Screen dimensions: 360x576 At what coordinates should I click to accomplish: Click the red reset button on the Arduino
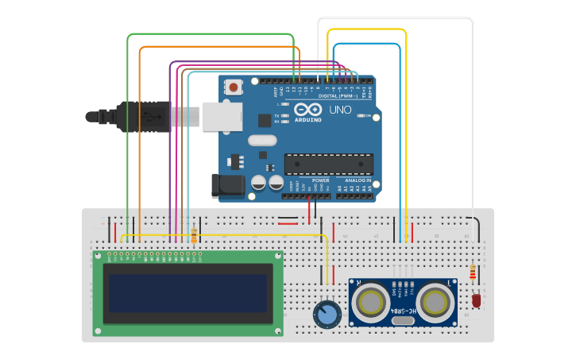pos(234,86)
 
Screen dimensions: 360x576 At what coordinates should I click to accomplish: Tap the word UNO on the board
pos(340,110)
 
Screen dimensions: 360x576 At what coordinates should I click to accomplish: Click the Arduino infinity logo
pos(307,110)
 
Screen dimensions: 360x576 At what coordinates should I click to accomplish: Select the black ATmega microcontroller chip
pos(329,164)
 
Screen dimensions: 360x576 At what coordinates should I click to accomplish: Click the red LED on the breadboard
pos(476,301)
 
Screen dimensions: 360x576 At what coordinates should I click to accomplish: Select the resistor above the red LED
pos(475,273)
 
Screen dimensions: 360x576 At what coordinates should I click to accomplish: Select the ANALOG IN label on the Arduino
pos(355,180)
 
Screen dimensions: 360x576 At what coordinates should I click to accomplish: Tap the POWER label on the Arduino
pos(320,180)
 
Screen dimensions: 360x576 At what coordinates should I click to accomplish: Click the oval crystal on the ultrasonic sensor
pos(403,319)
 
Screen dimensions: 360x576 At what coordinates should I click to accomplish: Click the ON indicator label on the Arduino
pos(368,116)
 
